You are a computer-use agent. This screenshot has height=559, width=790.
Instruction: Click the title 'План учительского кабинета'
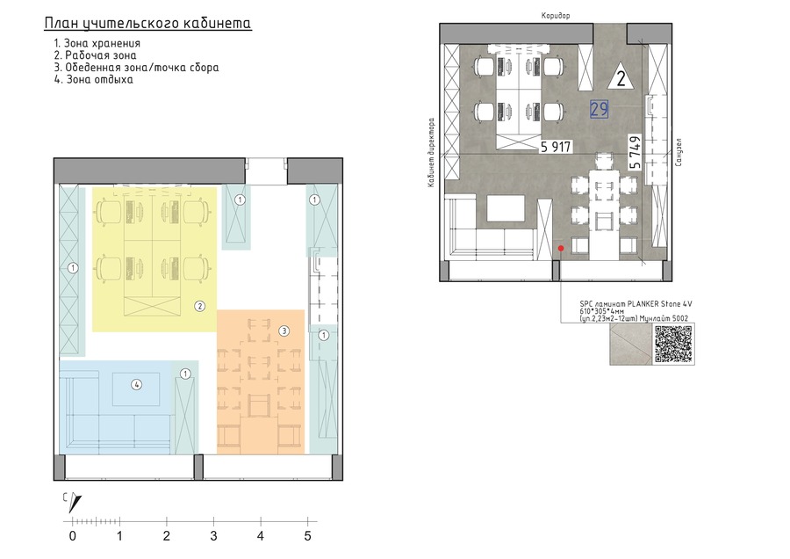pyautogui.click(x=148, y=24)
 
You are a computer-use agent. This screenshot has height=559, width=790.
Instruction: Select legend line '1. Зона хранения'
pyautogui.click(x=97, y=43)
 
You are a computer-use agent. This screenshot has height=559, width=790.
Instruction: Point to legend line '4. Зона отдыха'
pyautogui.click(x=94, y=80)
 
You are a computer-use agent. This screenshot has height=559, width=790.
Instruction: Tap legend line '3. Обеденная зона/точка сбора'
pyautogui.click(x=137, y=68)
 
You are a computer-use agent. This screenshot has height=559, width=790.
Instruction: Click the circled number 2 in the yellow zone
pyautogui.click(x=200, y=306)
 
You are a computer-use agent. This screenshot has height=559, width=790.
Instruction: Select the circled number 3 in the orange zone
pyautogui.click(x=284, y=331)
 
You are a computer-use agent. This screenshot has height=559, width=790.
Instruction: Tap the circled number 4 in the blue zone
pyautogui.click(x=137, y=384)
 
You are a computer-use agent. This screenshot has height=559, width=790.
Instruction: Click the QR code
pyautogui.click(x=673, y=344)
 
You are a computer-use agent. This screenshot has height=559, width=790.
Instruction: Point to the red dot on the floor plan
pyautogui.click(x=561, y=248)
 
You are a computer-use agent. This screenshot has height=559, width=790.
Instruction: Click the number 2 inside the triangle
pyautogui.click(x=621, y=79)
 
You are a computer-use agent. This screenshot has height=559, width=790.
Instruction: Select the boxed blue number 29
pyautogui.click(x=599, y=109)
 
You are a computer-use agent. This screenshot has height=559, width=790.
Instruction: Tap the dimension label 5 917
pyautogui.click(x=556, y=147)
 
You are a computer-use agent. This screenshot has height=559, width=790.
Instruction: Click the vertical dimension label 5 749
pyautogui.click(x=635, y=152)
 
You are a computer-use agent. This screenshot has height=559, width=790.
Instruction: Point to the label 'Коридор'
pyautogui.click(x=556, y=16)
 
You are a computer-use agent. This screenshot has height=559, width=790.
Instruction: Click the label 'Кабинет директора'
pyautogui.click(x=431, y=153)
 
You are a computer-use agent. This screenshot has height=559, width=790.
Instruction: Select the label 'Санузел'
pyautogui.click(x=679, y=152)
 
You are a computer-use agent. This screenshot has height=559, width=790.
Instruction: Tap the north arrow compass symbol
pyautogui.click(x=75, y=502)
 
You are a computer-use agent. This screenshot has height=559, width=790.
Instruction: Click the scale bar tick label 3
pyautogui.click(x=213, y=536)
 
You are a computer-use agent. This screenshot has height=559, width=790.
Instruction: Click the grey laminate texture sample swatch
pyautogui.click(x=631, y=344)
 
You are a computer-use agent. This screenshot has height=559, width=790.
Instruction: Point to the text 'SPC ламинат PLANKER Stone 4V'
pyautogui.click(x=636, y=304)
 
